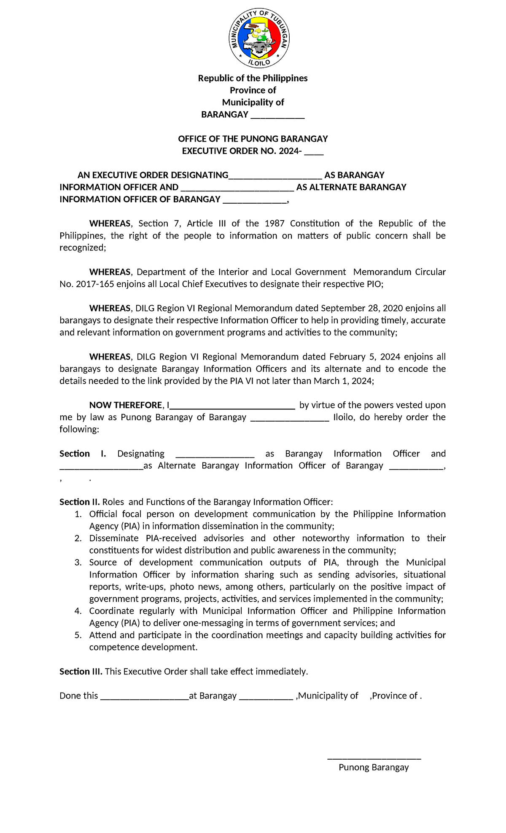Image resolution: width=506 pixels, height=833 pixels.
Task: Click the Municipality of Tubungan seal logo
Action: [259, 38]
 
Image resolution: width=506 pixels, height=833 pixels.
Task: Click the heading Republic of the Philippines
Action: [253, 78]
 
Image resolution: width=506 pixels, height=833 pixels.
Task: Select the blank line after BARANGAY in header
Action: [277, 116]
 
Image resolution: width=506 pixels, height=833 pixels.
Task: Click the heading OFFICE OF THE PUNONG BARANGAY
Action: [253, 139]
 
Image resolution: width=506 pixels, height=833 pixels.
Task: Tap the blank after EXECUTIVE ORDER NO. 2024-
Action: [314, 152]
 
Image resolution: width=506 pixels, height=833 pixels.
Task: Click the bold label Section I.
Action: [82, 454]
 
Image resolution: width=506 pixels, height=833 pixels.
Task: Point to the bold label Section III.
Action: [81, 672]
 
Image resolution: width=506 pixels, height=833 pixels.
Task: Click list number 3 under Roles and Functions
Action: [78, 563]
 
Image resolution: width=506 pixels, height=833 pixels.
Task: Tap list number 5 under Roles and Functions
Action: [78, 635]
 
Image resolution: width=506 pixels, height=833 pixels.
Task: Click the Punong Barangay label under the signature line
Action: [374, 767]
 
